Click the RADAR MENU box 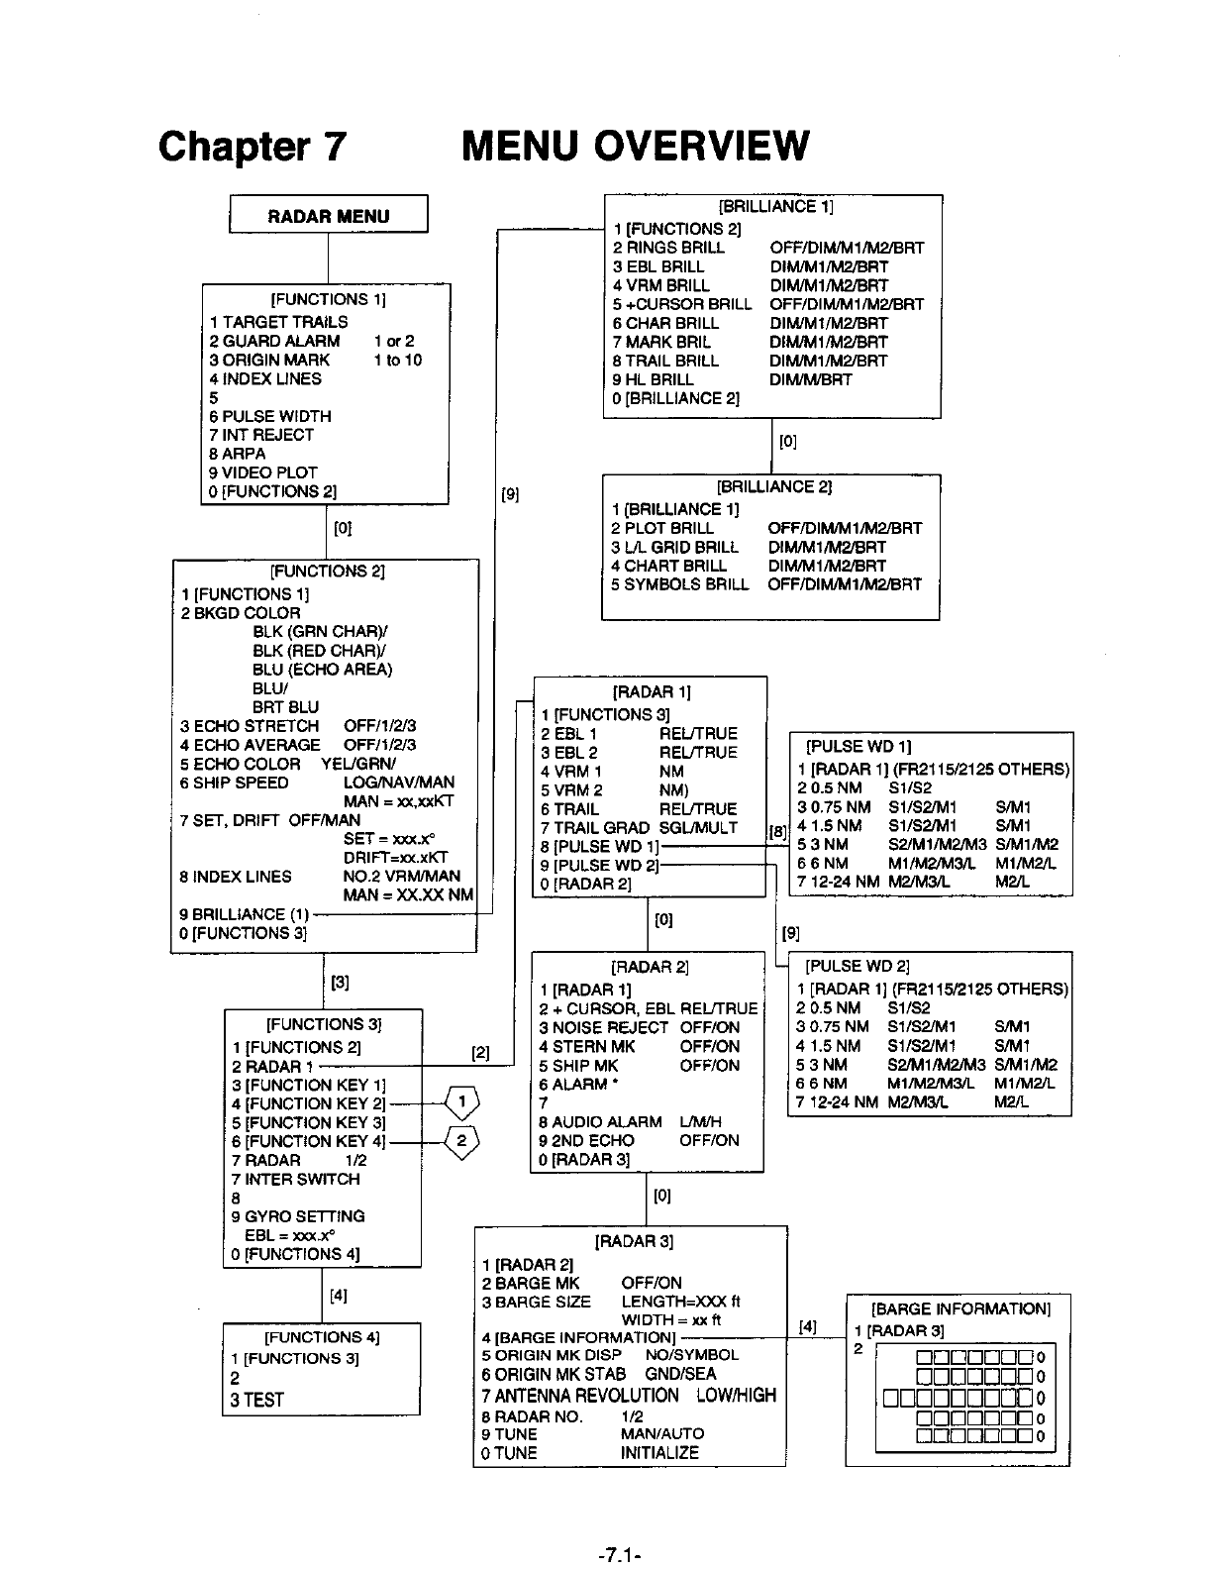click(x=328, y=216)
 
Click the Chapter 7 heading click(x=252, y=146)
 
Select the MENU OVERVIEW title click(x=635, y=146)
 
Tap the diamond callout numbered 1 click(x=461, y=1100)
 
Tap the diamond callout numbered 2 click(x=461, y=1142)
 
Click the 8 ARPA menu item click(x=238, y=454)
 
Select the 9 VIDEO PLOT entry click(x=263, y=472)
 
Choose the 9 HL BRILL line click(x=654, y=379)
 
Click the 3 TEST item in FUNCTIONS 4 click(x=257, y=1400)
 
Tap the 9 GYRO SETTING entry click(x=298, y=1216)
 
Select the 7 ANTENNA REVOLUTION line click(x=580, y=1396)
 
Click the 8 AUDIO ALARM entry click(x=601, y=1122)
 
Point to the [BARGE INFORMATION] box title click(x=959, y=1309)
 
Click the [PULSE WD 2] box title click(x=858, y=966)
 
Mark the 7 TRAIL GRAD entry click(x=595, y=827)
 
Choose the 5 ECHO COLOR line click(x=241, y=764)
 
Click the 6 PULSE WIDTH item click(x=270, y=416)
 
